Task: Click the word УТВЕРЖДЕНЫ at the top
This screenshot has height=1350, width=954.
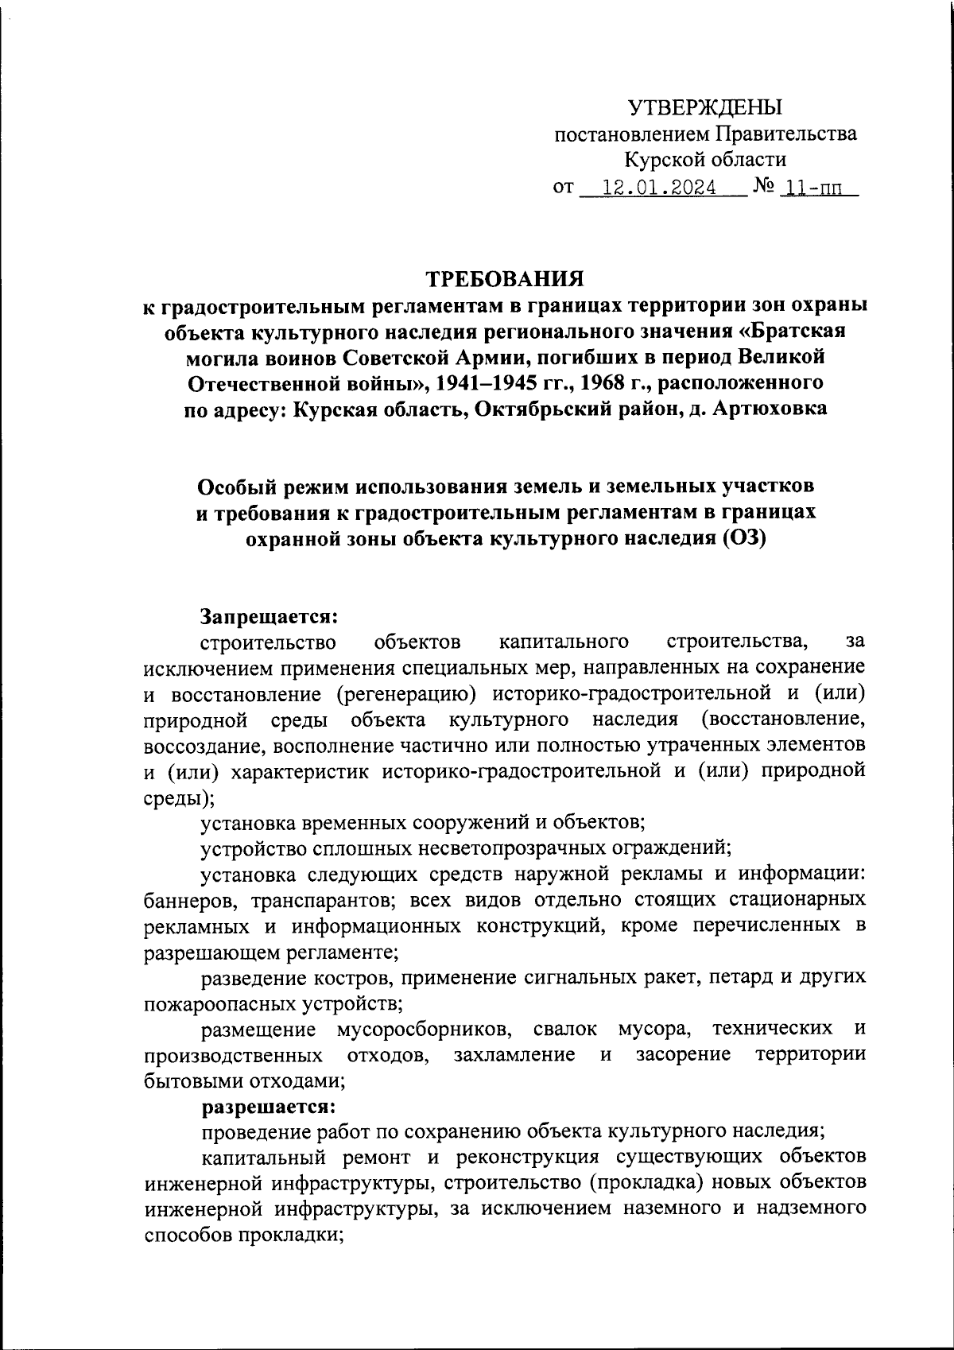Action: point(704,107)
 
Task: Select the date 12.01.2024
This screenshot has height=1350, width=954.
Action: point(660,188)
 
